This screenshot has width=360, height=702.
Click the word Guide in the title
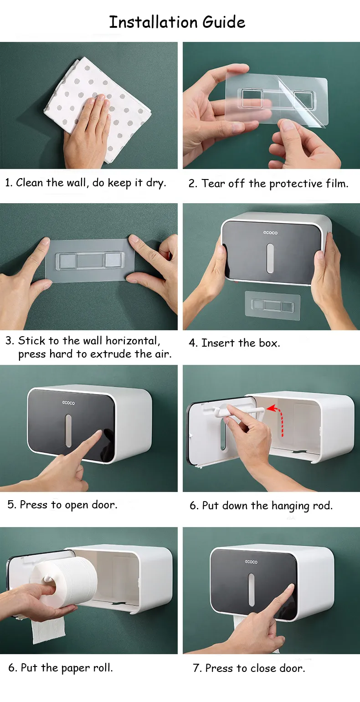point(224,22)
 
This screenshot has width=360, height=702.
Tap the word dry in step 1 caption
point(155,183)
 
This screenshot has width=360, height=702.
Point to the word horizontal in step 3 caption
point(133,341)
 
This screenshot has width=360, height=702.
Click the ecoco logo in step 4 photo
point(270,232)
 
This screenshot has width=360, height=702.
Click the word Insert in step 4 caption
point(218,343)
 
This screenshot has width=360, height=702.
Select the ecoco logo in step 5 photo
point(68,403)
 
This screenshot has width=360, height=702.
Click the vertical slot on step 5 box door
point(68,430)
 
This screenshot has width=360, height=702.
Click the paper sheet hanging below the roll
point(48,626)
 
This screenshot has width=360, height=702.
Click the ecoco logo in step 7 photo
point(251,562)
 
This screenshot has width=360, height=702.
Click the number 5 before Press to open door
point(11,505)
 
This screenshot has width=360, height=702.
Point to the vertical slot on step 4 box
point(270,257)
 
